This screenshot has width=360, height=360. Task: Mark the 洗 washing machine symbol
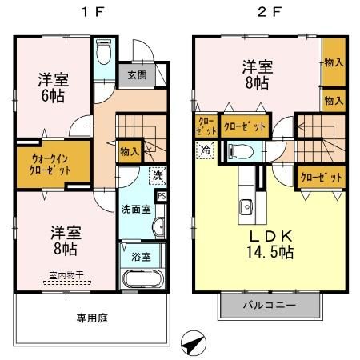coord(158,174)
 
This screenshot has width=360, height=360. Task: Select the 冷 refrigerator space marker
coord(206,148)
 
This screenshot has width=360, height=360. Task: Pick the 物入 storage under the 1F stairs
coord(128,150)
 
